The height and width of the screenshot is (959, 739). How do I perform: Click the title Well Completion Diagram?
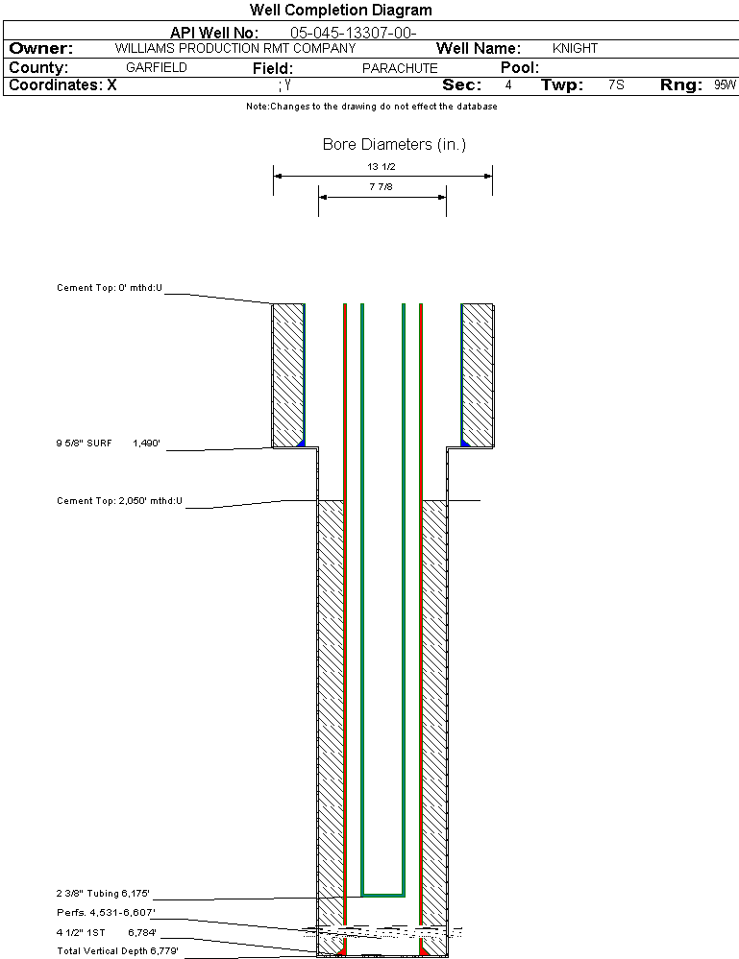pyautogui.click(x=340, y=11)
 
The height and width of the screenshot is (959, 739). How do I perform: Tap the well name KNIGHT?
pyautogui.click(x=575, y=48)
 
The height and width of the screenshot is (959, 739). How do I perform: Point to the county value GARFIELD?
pyautogui.click(x=157, y=68)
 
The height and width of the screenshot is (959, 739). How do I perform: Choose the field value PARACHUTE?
pyautogui.click(x=400, y=68)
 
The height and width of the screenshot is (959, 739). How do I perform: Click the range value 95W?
pyautogui.click(x=725, y=85)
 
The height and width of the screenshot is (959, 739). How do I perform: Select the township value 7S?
pyautogui.click(x=616, y=85)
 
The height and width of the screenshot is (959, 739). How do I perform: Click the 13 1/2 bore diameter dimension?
pyautogui.click(x=382, y=166)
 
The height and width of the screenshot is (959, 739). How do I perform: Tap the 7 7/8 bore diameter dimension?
pyautogui.click(x=382, y=187)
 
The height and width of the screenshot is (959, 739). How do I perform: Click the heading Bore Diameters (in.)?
pyautogui.click(x=394, y=145)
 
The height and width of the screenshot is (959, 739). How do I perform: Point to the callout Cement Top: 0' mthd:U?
pyautogui.click(x=110, y=287)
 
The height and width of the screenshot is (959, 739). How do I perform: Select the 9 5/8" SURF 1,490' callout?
pyautogui.click(x=108, y=444)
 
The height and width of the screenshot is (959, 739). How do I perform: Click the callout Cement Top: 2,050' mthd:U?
pyautogui.click(x=119, y=501)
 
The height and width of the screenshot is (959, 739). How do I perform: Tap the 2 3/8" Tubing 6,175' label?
pyautogui.click(x=104, y=893)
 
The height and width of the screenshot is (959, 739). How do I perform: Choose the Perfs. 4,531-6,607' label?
pyautogui.click(x=106, y=912)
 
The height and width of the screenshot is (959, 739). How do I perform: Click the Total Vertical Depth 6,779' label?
pyautogui.click(x=117, y=950)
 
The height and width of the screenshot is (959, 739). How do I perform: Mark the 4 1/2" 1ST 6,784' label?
pyautogui.click(x=107, y=931)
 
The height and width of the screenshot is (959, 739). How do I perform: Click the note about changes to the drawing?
pyautogui.click(x=372, y=107)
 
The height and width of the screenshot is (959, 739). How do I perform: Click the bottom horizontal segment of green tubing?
pyautogui.click(x=382, y=894)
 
